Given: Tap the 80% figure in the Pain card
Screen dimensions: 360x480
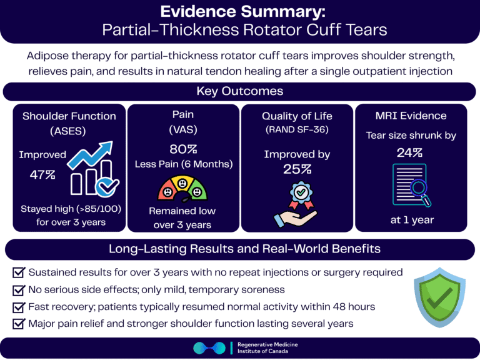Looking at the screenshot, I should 183,149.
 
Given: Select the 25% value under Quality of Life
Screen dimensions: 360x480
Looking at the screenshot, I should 297,169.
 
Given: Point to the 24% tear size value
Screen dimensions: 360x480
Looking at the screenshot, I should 409,152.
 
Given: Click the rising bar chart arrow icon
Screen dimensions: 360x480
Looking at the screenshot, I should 92,167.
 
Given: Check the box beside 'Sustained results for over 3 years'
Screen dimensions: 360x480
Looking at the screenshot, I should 19,272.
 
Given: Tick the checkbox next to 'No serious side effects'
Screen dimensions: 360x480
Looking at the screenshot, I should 19,290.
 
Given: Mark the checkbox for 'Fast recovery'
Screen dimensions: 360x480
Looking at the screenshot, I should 19,307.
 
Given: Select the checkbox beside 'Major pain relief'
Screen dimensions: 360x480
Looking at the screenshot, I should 19,324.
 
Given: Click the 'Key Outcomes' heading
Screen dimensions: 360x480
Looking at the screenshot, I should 239,91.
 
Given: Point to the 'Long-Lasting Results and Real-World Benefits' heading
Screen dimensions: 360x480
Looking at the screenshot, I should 239,248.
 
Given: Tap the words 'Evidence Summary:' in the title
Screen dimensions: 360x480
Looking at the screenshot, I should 240,12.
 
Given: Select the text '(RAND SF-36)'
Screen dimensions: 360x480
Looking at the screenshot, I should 297,130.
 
